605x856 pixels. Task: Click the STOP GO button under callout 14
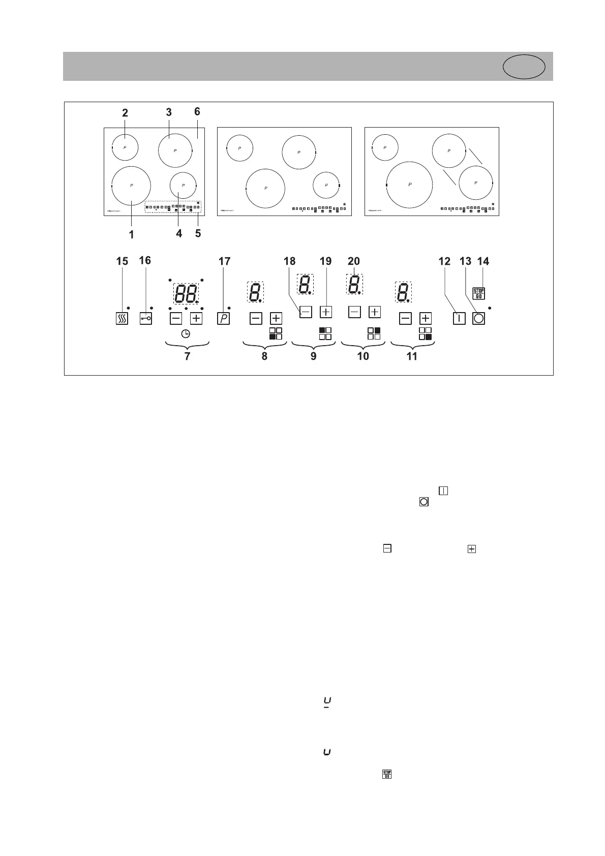click(479, 293)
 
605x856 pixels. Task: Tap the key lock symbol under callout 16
click(145, 318)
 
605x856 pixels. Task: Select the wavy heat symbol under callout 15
click(122, 319)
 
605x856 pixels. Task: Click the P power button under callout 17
click(223, 319)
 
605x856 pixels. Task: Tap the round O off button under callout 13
click(478, 319)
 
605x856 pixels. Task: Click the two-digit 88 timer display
click(186, 293)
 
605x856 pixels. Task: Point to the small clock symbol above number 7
click(186, 334)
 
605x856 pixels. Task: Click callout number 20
click(353, 261)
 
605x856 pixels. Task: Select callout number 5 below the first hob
click(198, 233)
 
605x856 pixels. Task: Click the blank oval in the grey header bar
click(524, 67)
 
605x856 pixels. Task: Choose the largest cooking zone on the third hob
click(409, 185)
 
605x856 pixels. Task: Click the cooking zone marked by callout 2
click(125, 147)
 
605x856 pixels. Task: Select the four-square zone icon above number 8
click(276, 333)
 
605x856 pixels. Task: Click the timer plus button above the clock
click(196, 319)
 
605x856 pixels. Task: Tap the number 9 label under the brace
click(313, 356)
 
